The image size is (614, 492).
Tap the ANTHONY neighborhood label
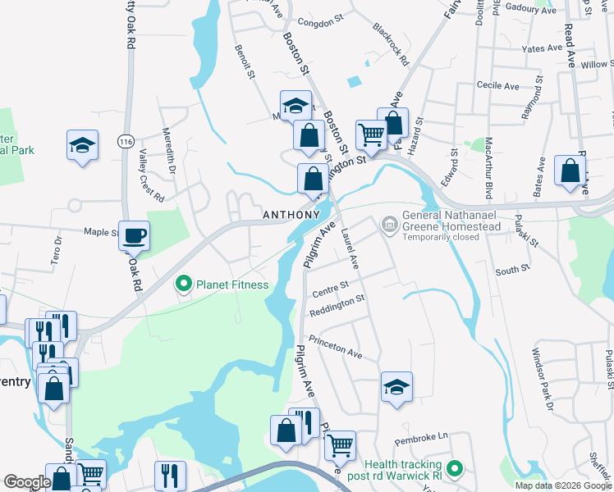291,215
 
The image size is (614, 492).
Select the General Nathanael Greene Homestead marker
389,222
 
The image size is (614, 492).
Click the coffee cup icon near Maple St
135,236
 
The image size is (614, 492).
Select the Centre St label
331,289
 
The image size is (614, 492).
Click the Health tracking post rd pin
451,469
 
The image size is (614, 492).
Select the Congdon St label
319,23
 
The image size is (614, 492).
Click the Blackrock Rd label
390,43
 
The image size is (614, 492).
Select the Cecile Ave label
498,85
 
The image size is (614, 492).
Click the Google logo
27,481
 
